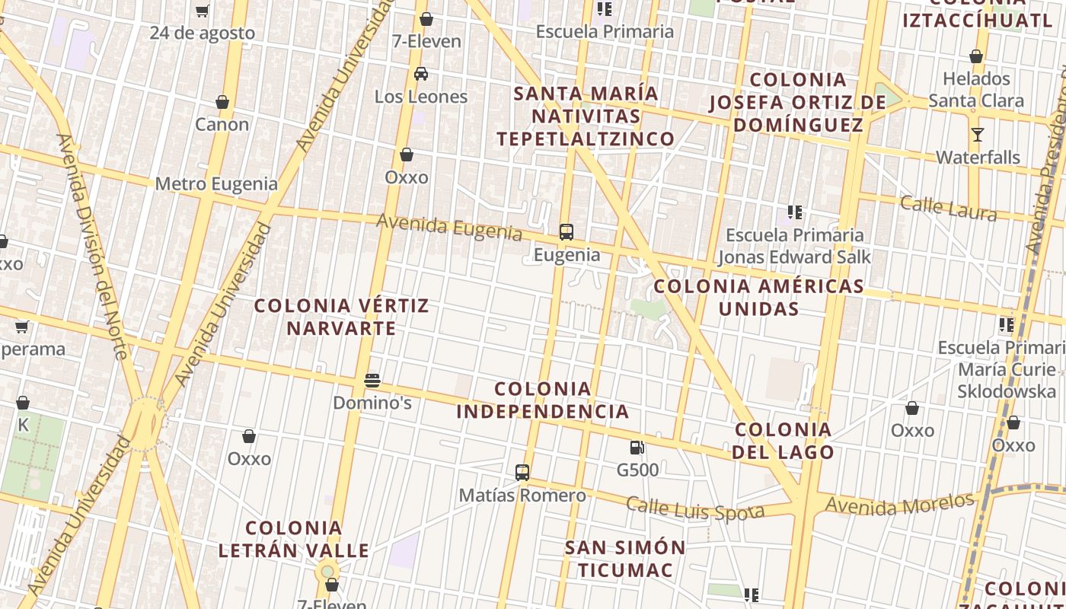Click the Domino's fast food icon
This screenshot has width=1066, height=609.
click(x=372, y=381)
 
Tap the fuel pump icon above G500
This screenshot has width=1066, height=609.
click(x=637, y=448)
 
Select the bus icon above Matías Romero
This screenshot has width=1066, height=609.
click(x=522, y=473)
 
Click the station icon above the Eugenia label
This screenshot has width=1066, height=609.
click(x=567, y=232)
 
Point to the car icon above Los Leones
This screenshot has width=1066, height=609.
click(x=421, y=75)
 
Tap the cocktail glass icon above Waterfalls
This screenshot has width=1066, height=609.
click(x=978, y=136)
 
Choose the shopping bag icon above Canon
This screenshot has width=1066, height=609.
click(x=222, y=102)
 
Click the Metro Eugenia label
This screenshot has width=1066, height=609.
click(x=216, y=183)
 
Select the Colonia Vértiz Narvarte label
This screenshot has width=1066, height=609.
click(x=342, y=317)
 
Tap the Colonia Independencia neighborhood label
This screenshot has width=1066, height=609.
click(x=543, y=400)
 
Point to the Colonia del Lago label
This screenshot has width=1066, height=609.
click(x=784, y=441)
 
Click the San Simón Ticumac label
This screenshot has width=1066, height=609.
click(x=625, y=559)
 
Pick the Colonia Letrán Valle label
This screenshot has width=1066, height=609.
click(x=294, y=539)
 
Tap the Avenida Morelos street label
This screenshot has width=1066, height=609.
click(x=899, y=504)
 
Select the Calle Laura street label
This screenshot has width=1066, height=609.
click(x=948, y=207)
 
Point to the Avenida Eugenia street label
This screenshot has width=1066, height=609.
click(x=449, y=227)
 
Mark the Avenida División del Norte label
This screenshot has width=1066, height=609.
click(x=91, y=247)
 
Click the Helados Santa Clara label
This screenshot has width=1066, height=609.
click(x=976, y=90)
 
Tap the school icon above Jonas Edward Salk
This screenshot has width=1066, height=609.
click(x=795, y=212)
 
